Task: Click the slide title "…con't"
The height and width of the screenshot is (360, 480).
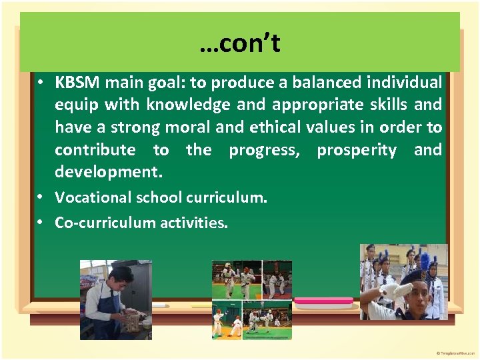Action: (x=239, y=44)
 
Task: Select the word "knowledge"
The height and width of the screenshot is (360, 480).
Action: (x=189, y=105)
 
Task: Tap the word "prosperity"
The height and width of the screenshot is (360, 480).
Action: (x=357, y=150)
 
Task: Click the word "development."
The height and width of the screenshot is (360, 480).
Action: (x=109, y=172)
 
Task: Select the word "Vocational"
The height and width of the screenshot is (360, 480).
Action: (x=93, y=197)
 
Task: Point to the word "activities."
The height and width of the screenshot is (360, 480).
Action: (x=194, y=223)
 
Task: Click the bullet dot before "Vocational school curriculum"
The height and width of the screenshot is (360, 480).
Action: (x=41, y=197)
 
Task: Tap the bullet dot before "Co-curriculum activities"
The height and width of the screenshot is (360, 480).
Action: (x=41, y=223)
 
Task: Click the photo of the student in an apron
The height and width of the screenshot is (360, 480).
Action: (x=115, y=299)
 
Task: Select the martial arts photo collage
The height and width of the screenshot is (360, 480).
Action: (x=251, y=299)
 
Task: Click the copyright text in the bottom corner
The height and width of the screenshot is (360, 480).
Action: (x=455, y=352)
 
